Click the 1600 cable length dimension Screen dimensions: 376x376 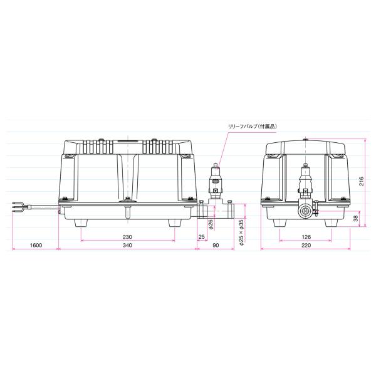[36, 245]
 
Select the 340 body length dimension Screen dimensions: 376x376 [127, 245]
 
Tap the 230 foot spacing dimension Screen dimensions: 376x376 [127, 237]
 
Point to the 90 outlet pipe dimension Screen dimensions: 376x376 [216, 245]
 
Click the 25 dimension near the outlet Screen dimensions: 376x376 [202, 237]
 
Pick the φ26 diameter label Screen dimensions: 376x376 [211, 224]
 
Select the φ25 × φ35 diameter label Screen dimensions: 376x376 [241, 232]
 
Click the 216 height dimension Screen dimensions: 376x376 [362, 181]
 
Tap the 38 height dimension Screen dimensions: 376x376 [356, 218]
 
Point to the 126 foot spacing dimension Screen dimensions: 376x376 [306, 237]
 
